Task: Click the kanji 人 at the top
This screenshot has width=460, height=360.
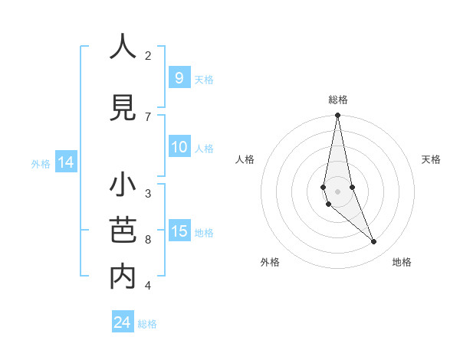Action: [x=123, y=47]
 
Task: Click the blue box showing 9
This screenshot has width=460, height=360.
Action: [x=179, y=77]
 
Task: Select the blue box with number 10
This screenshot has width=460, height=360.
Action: [x=179, y=147]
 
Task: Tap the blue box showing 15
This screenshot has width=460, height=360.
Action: [x=179, y=231]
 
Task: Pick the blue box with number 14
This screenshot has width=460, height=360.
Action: [x=65, y=162]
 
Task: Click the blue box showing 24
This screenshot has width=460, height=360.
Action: [x=122, y=322]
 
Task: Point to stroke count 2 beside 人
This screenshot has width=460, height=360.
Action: [x=148, y=55]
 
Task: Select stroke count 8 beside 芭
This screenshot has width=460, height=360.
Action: [x=148, y=240]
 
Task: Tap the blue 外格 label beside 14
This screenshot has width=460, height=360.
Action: [x=41, y=163]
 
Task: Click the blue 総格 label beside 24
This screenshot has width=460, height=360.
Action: [x=147, y=324]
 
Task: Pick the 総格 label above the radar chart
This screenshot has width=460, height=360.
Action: [x=337, y=100]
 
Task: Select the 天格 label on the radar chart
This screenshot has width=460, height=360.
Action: [x=432, y=159]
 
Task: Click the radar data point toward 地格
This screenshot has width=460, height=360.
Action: [x=373, y=241]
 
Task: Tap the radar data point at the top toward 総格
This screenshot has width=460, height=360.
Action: [x=337, y=116]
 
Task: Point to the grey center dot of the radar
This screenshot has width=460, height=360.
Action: [x=337, y=191]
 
